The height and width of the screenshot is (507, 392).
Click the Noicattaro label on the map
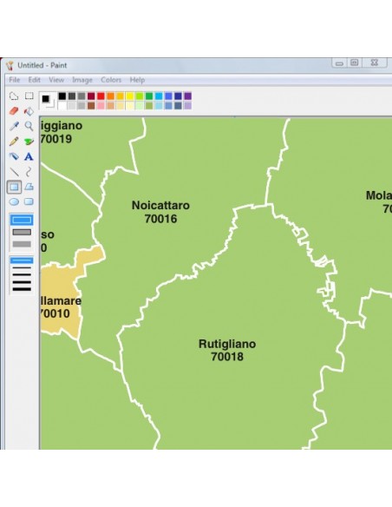pos(160,206)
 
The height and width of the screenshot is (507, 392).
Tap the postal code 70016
pos(160,219)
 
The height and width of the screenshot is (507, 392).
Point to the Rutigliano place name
pos(227,344)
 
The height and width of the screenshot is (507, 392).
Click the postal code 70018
pos(227,357)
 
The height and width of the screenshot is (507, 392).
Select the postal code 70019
pos(56,138)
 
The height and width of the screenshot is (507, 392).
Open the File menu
pos(15,80)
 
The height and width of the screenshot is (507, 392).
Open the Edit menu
pos(35,80)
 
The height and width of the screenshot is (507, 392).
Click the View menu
pos(56,80)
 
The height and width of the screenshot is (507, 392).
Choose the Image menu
pos(82,80)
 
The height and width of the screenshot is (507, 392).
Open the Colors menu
pos(111,80)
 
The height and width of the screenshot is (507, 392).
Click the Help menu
pos(138,80)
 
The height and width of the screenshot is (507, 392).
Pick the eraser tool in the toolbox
pos(14,111)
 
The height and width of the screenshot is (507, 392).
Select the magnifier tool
pos(29,126)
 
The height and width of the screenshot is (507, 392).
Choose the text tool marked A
pos(29,156)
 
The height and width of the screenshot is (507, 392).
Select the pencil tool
pos(14,142)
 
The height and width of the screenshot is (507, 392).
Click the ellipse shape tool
pos(14,201)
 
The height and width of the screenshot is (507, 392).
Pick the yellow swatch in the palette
pos(130,95)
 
